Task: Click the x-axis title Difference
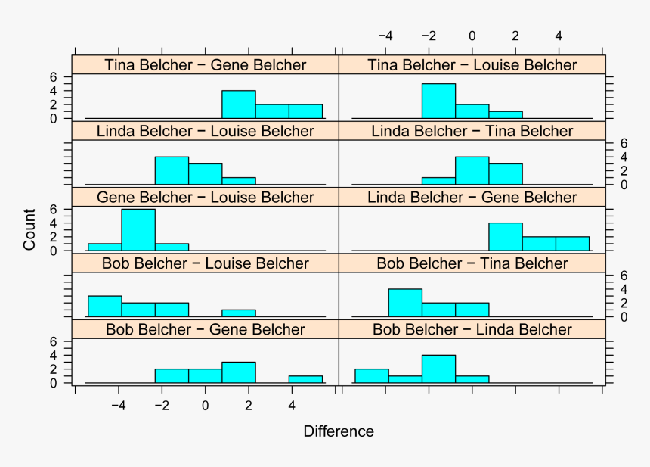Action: click(x=338, y=432)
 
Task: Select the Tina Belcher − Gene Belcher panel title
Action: click(x=206, y=65)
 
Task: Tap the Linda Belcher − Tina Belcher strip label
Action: click(x=472, y=131)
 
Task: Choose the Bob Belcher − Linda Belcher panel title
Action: click(x=472, y=329)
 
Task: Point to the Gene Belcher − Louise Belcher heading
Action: click(x=206, y=198)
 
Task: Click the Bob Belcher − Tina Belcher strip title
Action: click(x=472, y=263)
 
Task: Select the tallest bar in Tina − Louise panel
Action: click(x=438, y=101)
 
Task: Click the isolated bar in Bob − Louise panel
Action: click(x=239, y=313)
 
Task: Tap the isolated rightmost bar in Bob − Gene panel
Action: click(x=305, y=379)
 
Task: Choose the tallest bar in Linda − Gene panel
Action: click(x=505, y=237)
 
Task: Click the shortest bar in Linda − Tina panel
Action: click(x=438, y=181)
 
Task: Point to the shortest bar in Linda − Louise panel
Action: click(x=239, y=181)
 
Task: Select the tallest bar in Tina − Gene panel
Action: click(x=239, y=104)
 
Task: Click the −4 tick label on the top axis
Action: click(x=385, y=36)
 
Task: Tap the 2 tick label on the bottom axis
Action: click(x=249, y=405)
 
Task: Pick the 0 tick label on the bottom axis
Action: click(x=205, y=405)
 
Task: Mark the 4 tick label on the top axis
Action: click(x=559, y=36)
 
